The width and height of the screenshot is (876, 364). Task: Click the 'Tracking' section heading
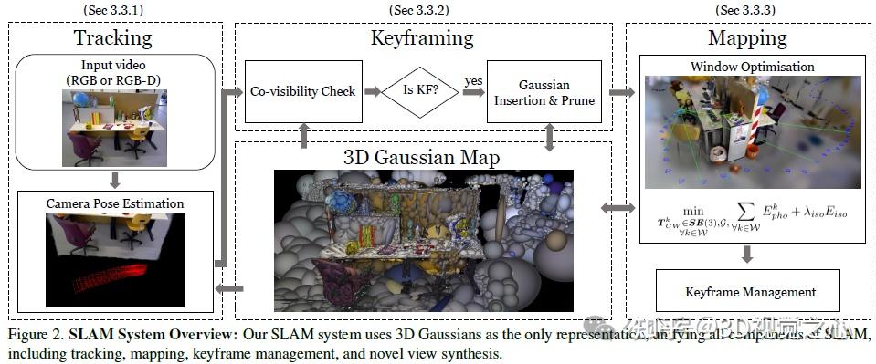pyautogui.click(x=112, y=38)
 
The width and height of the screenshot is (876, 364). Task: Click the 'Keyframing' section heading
pyautogui.click(x=421, y=38)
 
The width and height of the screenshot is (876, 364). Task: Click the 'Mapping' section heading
pyautogui.click(x=746, y=38)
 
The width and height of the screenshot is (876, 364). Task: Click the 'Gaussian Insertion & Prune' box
pyautogui.click(x=544, y=92)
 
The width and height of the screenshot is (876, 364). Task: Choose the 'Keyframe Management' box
pyautogui.click(x=750, y=293)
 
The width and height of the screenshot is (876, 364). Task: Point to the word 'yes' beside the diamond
pyautogui.click(x=473, y=81)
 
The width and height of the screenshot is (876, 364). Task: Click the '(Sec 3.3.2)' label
pyautogui.click(x=421, y=10)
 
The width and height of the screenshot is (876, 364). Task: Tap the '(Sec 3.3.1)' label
pyautogui.click(x=112, y=10)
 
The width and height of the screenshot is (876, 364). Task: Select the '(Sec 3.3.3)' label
pyautogui.click(x=746, y=10)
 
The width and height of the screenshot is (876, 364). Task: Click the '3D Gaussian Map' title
pyautogui.click(x=423, y=158)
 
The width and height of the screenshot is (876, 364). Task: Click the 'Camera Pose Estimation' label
pyautogui.click(x=114, y=203)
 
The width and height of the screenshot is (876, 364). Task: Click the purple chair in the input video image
pyautogui.click(x=87, y=147)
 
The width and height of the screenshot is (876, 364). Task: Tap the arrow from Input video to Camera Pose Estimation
pyautogui.click(x=113, y=178)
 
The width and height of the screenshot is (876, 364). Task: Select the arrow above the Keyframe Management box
pyautogui.click(x=748, y=255)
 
